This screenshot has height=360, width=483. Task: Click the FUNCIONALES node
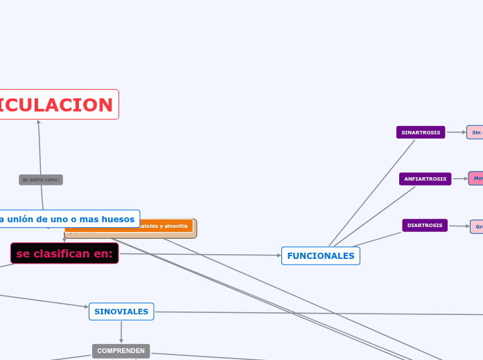pyautogui.click(x=320, y=255)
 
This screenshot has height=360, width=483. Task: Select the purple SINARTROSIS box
pyautogui.click(x=421, y=132)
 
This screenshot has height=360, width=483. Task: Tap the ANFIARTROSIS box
pyautogui.click(x=425, y=179)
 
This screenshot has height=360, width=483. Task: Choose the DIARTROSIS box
pyautogui.click(x=425, y=225)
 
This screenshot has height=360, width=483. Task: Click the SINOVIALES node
pyautogui.click(x=121, y=312)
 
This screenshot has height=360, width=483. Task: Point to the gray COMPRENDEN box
pyautogui.click(x=121, y=351)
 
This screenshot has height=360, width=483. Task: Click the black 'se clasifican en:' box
pyautogui.click(x=64, y=253)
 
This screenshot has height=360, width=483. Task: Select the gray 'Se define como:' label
pyautogui.click(x=41, y=180)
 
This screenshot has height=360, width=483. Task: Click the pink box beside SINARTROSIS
pyautogui.click(x=475, y=132)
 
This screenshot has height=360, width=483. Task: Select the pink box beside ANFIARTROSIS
pyautogui.click(x=476, y=179)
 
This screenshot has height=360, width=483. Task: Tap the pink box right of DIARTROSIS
pyautogui.click(x=477, y=226)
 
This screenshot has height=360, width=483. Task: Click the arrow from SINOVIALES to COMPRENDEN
pyautogui.click(x=121, y=332)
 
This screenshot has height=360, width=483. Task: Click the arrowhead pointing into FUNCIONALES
pyautogui.click(x=279, y=255)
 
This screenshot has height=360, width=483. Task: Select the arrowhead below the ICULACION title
pyautogui.click(x=39, y=123)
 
